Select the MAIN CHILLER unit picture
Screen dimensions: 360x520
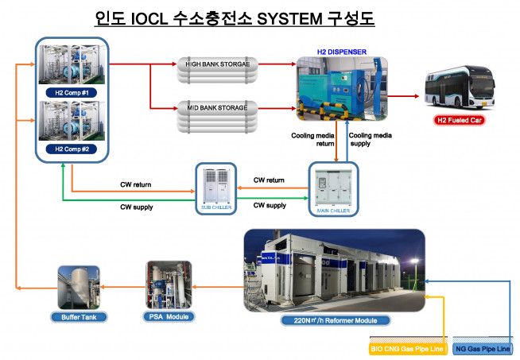tap(333, 188)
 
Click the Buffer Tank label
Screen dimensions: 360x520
tap(77, 316)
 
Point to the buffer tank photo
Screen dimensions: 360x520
tap(77, 288)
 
